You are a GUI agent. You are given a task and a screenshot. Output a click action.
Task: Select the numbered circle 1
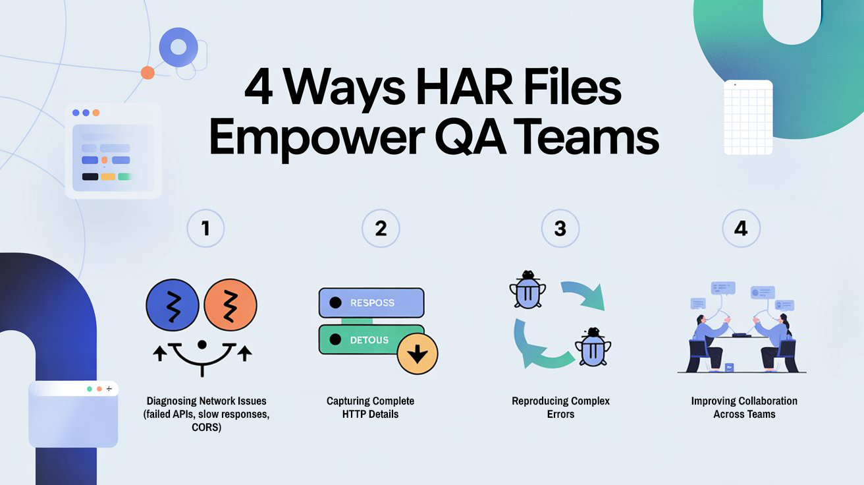click(x=205, y=229)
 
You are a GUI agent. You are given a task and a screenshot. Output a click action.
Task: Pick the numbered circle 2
click(x=381, y=229)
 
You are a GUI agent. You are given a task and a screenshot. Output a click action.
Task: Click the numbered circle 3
click(x=560, y=229)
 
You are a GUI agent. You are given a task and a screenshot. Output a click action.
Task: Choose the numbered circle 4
click(x=741, y=229)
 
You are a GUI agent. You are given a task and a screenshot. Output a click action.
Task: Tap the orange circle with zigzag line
click(x=230, y=305)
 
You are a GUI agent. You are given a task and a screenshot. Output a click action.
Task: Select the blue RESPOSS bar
click(x=371, y=303)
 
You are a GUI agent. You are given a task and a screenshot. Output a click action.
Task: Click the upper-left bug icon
click(x=527, y=289)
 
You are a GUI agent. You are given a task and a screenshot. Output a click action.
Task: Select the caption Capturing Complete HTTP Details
click(x=371, y=407)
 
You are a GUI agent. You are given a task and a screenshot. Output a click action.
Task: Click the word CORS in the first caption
click(x=206, y=427)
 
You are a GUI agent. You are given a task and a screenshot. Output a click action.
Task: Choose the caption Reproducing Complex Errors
click(x=560, y=407)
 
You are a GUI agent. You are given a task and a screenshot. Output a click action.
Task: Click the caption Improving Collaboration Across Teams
click(x=744, y=407)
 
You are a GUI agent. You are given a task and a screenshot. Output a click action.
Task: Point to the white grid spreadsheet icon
click(x=748, y=117)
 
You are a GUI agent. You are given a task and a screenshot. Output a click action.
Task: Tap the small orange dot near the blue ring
click(x=148, y=72)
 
